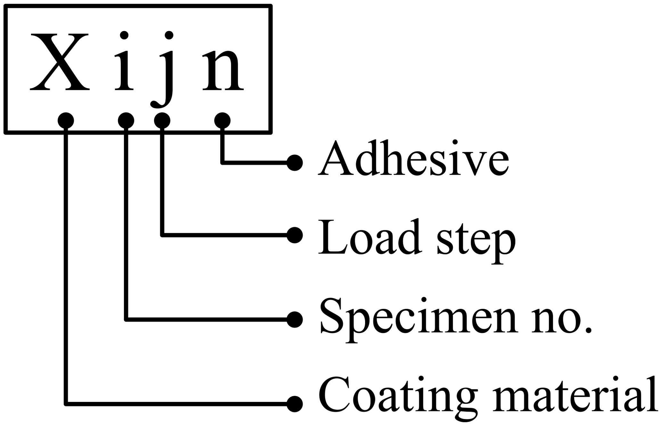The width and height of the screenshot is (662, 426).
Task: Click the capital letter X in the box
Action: [60, 62]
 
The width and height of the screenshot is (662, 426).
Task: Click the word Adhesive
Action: [413, 159]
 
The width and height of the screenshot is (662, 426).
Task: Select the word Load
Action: [369, 237]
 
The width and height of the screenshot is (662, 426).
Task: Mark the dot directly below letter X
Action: [66, 121]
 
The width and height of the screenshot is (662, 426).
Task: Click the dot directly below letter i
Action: [126, 121]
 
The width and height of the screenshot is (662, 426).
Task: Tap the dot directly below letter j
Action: [162, 121]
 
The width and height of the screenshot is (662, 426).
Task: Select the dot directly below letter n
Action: [222, 121]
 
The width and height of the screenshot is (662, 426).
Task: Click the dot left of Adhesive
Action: [295, 163]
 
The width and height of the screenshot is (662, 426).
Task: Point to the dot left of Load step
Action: [295, 235]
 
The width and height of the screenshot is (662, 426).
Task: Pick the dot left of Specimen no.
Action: [295, 319]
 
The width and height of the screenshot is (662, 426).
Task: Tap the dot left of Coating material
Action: [295, 404]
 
